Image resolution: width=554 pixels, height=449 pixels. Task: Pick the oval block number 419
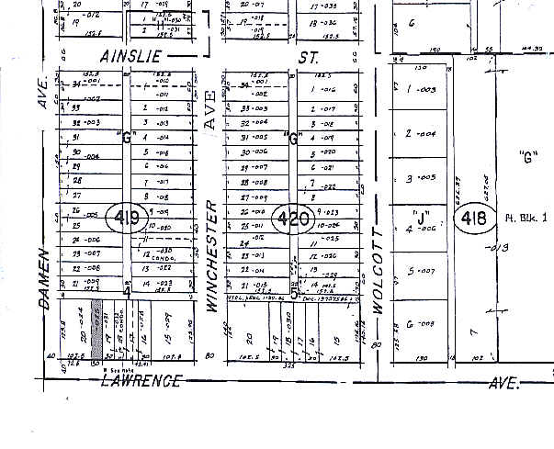click(127, 218)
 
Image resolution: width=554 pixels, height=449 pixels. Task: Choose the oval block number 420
click(294, 219)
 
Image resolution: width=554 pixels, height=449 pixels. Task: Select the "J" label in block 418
click(423, 219)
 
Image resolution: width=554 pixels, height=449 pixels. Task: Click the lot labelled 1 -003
click(419, 91)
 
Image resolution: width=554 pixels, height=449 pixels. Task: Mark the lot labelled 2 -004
click(419, 134)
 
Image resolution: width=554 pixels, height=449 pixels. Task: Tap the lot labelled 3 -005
click(419, 177)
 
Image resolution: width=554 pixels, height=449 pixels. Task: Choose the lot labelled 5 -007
click(419, 272)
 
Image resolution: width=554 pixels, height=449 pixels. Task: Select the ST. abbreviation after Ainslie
click(310, 58)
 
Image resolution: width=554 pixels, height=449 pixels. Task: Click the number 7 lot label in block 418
click(473, 329)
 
